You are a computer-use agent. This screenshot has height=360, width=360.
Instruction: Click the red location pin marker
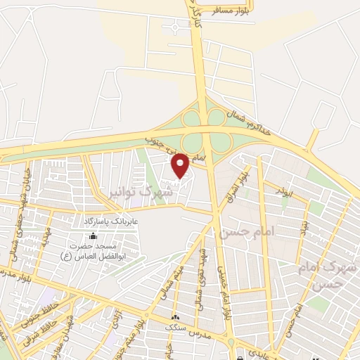pyautogui.click(x=181, y=165)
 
